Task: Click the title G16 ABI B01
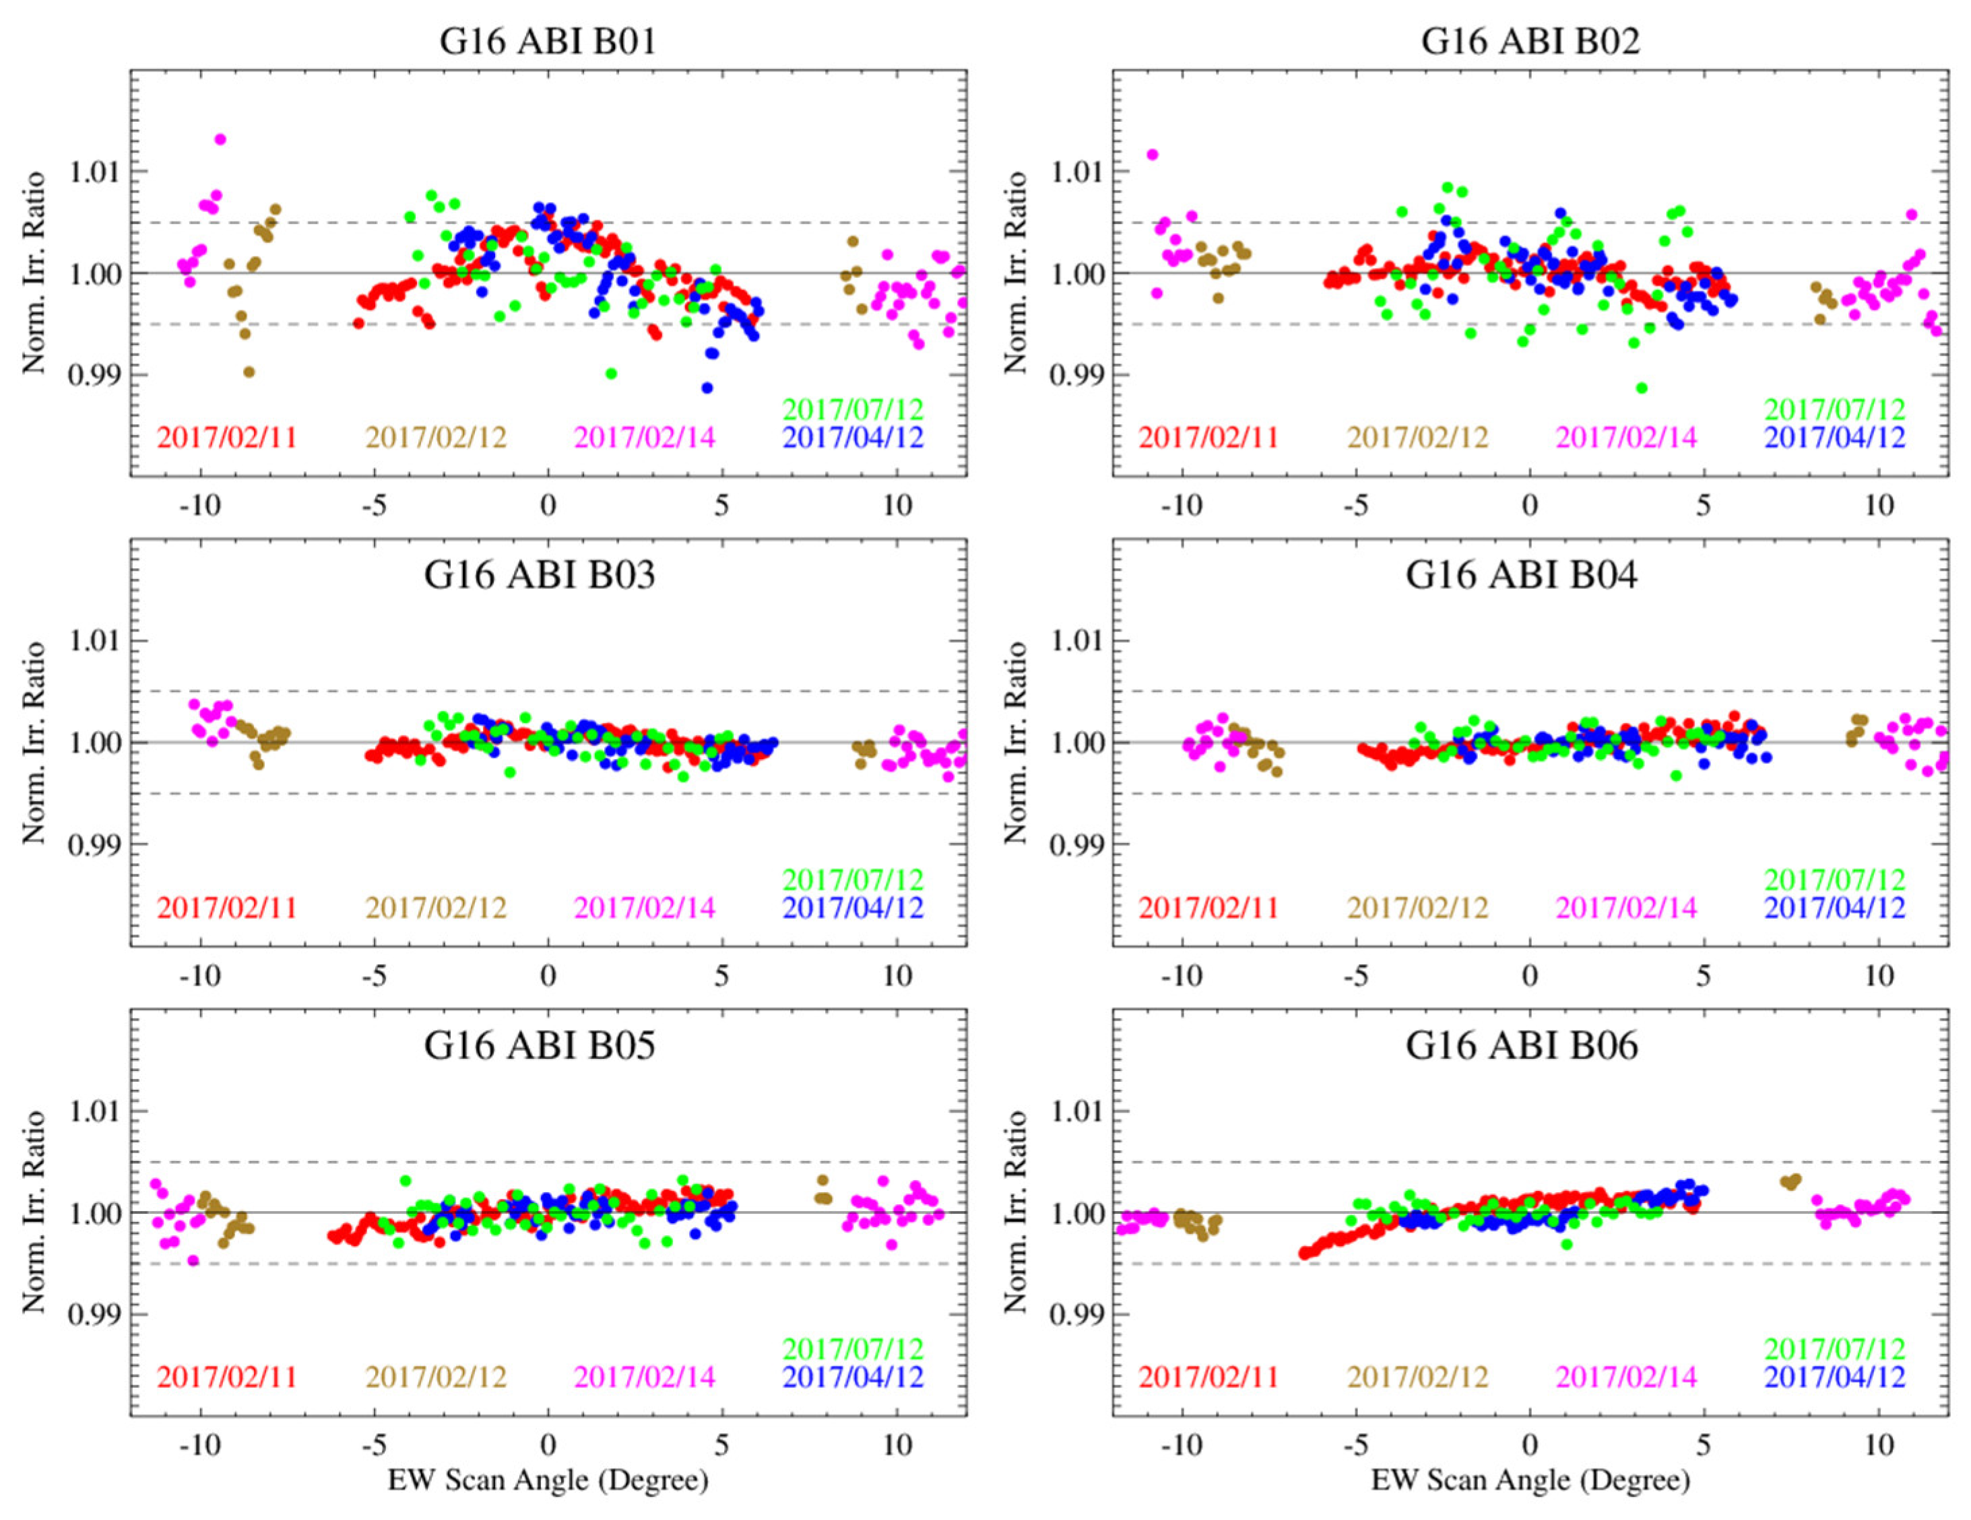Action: pyautogui.click(x=547, y=42)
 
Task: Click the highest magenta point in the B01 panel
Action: pyautogui.click(x=220, y=139)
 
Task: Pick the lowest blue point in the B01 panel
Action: pyautogui.click(x=707, y=388)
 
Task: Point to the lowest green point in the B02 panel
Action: pyautogui.click(x=1642, y=388)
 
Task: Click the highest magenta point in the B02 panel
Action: pyautogui.click(x=1152, y=154)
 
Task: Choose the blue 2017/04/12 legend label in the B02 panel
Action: pyautogui.click(x=1835, y=438)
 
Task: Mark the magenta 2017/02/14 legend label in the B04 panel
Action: pyautogui.click(x=1626, y=907)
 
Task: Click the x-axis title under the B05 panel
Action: pyautogui.click(x=548, y=1480)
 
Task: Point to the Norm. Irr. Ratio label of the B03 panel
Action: pyautogui.click(x=34, y=742)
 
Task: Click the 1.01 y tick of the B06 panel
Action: pyautogui.click(x=1074, y=1111)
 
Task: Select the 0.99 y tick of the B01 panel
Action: pyautogui.click(x=93, y=374)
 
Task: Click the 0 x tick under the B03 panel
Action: pyautogui.click(x=548, y=975)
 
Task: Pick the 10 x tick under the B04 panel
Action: pyautogui.click(x=1878, y=975)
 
